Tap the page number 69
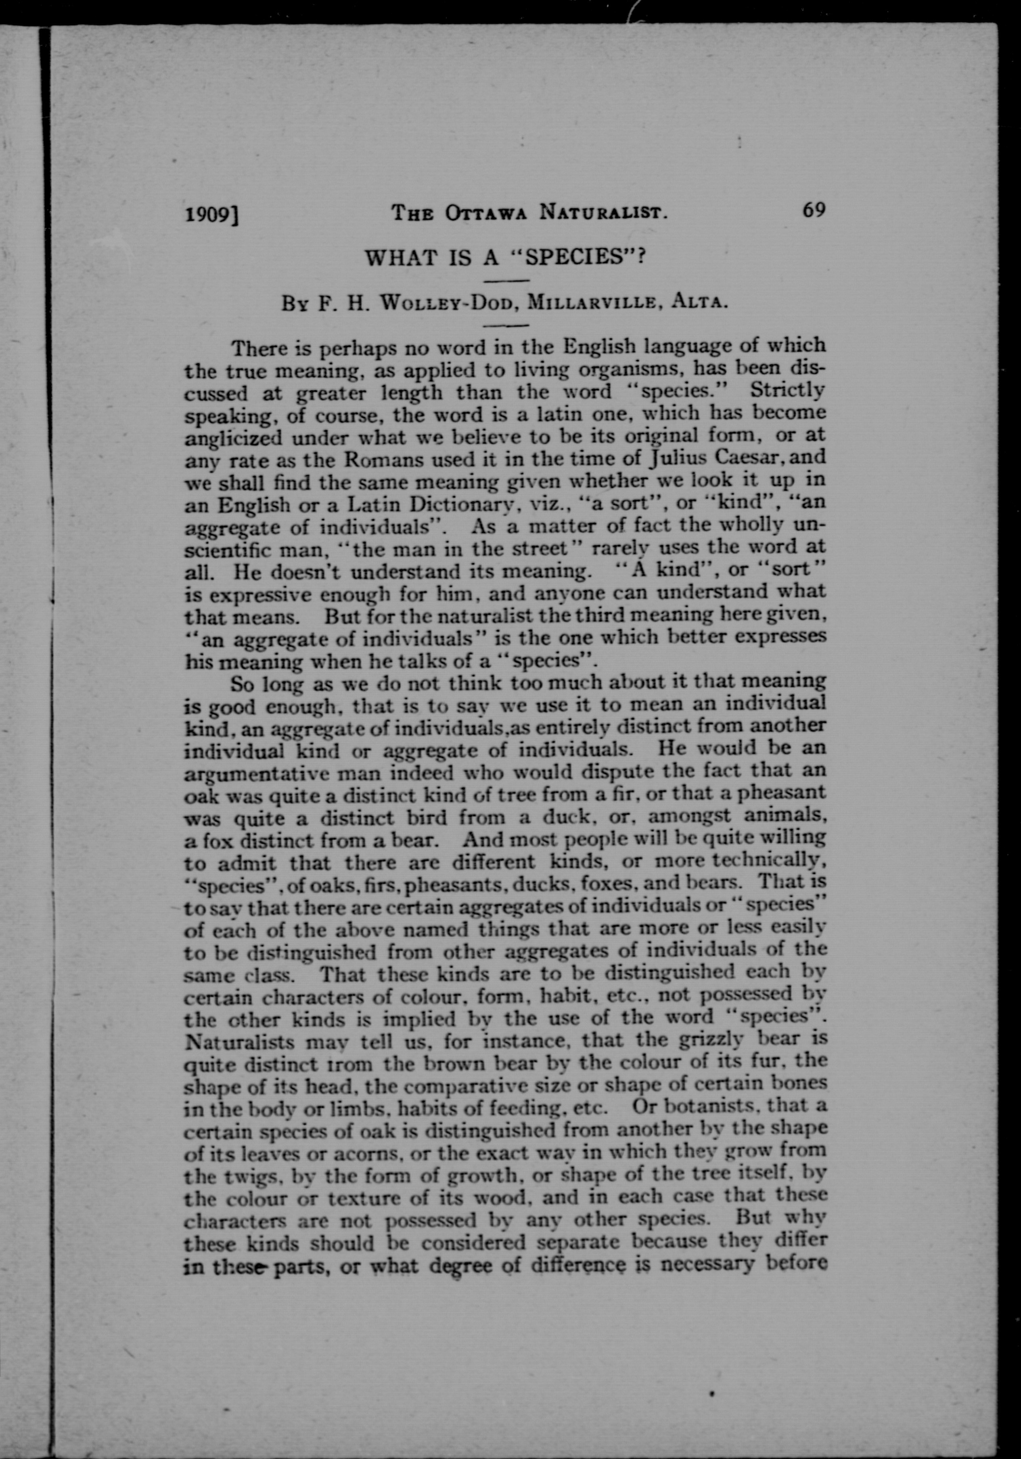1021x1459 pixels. (x=814, y=210)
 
